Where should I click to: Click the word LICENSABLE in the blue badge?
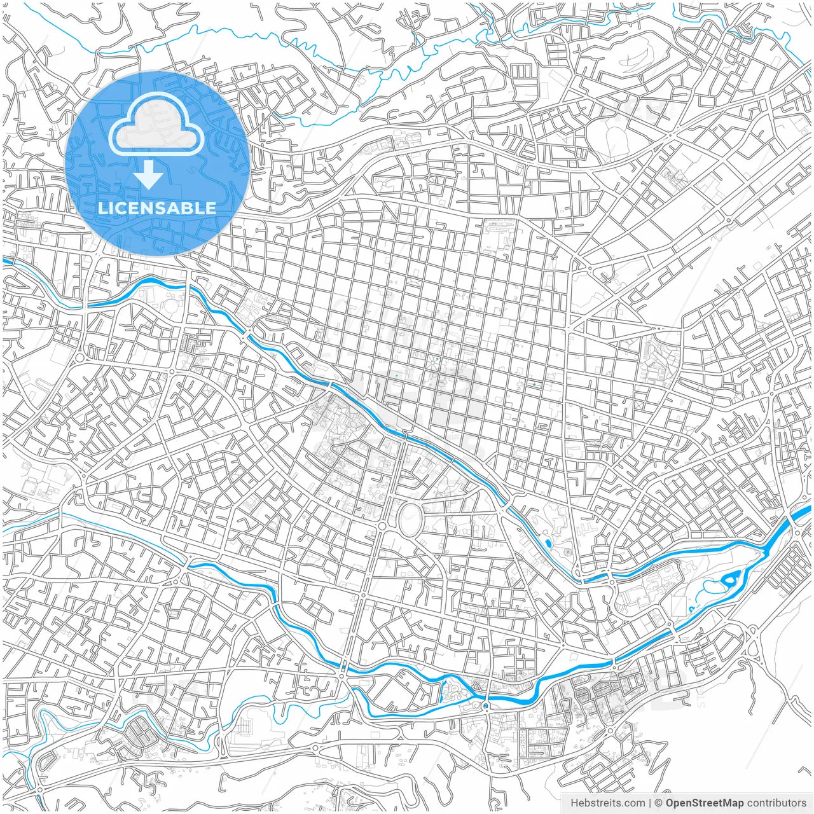[157, 208]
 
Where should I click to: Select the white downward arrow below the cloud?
[149, 175]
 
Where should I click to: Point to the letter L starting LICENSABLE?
[102, 208]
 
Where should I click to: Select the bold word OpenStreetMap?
[705, 803]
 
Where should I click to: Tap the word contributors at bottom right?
[776, 803]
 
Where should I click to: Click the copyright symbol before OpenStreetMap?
[659, 803]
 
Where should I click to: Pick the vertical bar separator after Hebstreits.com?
[649, 803]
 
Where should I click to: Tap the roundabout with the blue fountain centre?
[485, 705]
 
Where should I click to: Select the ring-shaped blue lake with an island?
[730, 579]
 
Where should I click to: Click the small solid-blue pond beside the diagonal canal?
[548, 542]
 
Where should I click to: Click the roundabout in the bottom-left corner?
[39, 789]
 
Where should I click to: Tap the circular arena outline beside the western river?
[172, 307]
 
